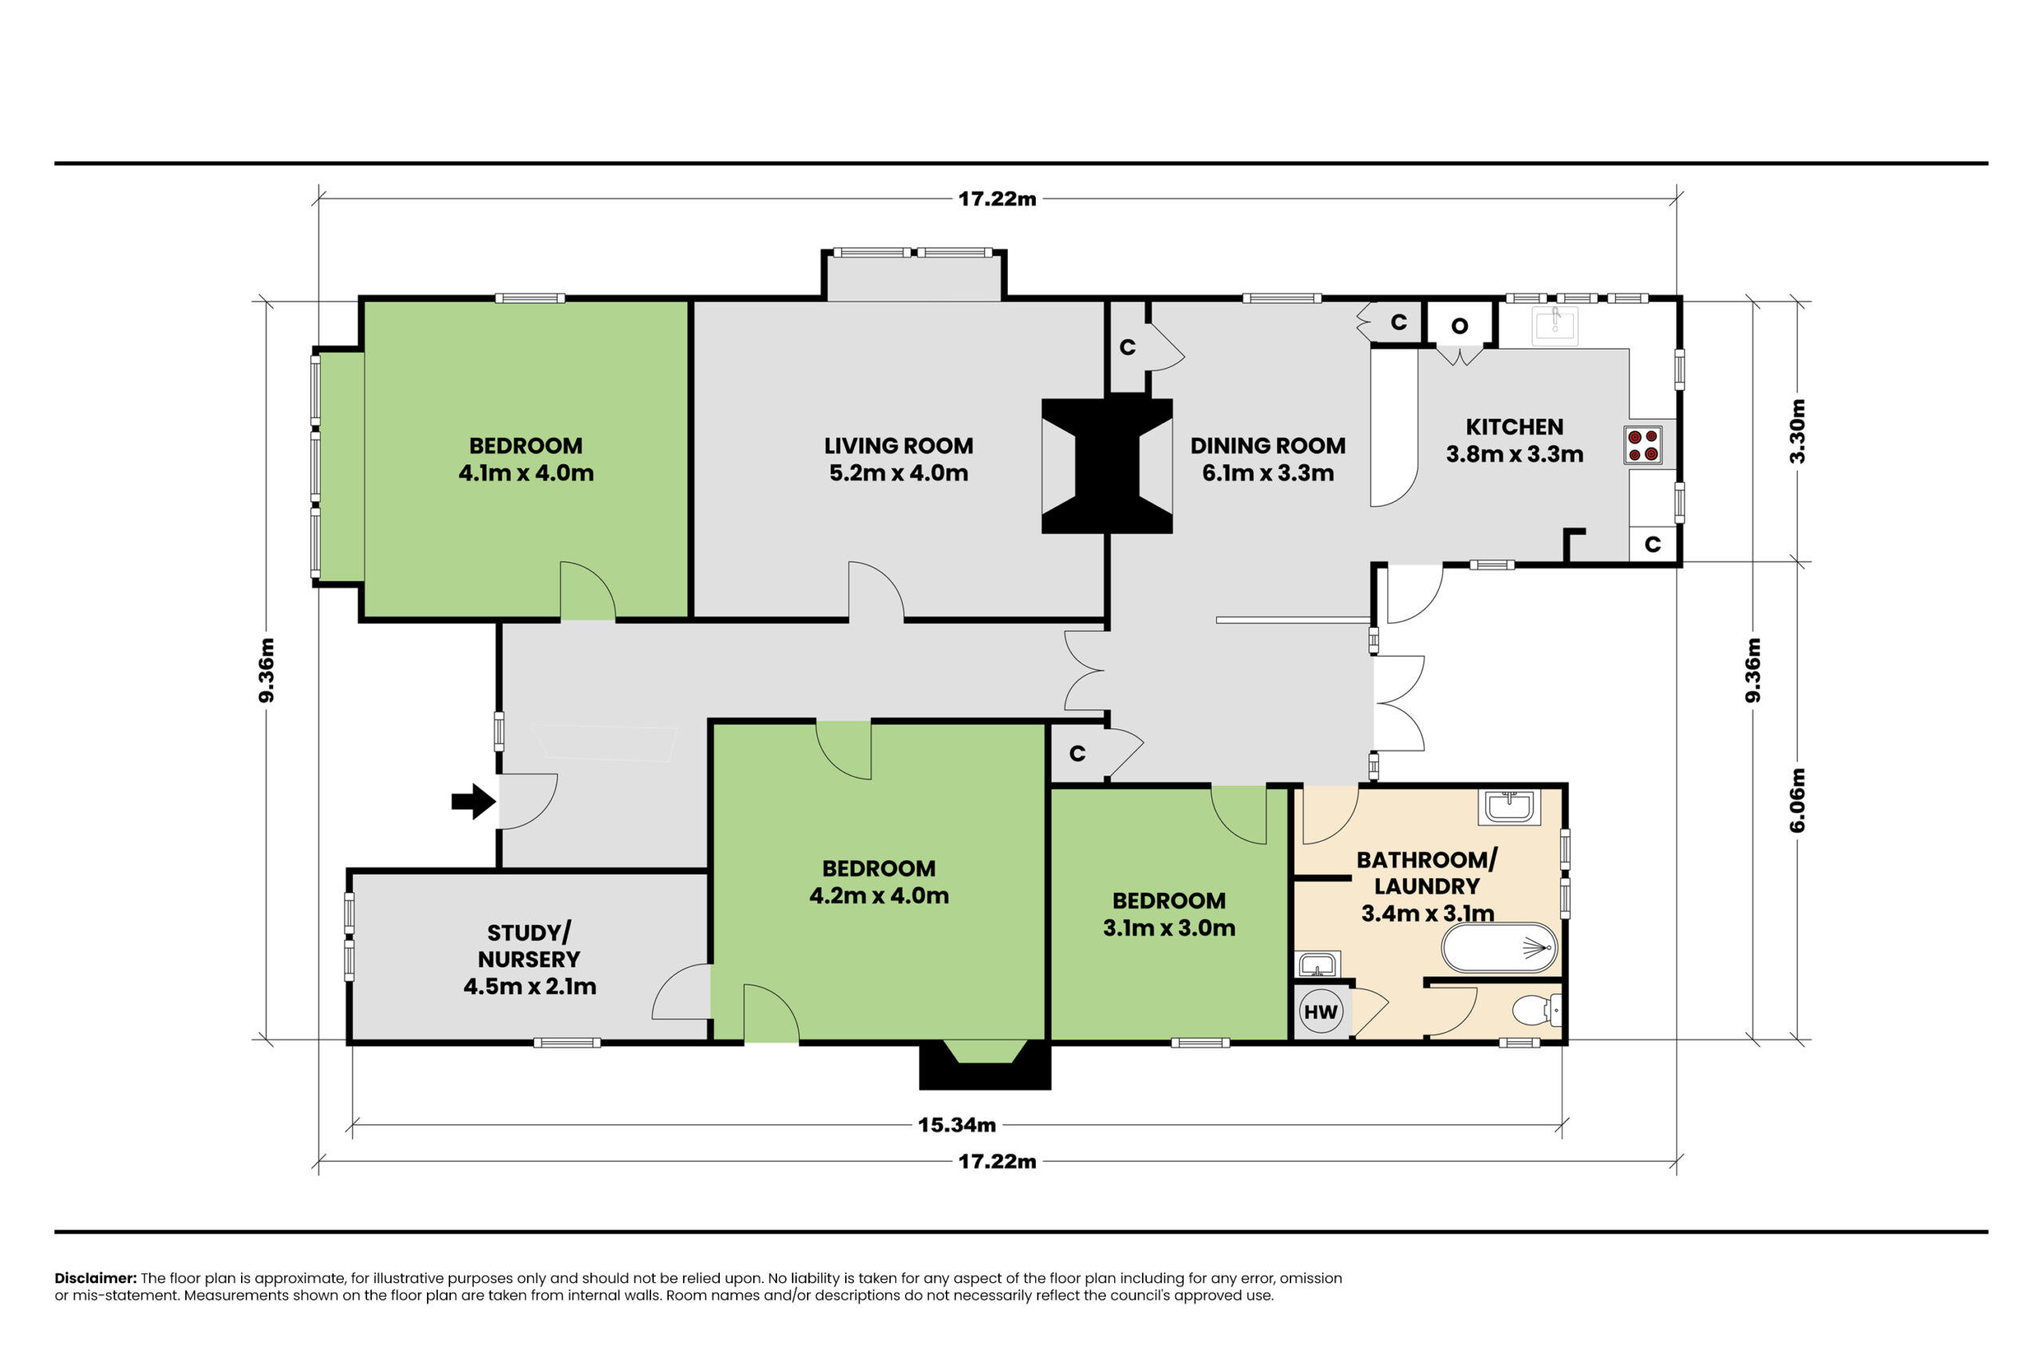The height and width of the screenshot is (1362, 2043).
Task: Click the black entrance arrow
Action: (473, 801)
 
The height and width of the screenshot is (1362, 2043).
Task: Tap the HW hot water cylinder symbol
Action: (1320, 1012)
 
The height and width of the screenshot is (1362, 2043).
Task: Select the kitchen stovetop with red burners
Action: (1642, 444)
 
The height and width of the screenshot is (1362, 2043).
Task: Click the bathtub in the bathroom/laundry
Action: (1500, 947)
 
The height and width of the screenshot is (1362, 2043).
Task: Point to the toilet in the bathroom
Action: (1536, 1010)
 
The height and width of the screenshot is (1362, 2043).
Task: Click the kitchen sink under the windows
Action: (1555, 325)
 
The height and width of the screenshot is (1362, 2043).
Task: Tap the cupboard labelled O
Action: (1460, 326)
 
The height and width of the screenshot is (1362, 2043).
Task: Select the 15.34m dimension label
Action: (956, 1125)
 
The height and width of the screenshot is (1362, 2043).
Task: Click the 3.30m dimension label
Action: (1797, 431)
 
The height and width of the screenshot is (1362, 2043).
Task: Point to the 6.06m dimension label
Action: (1797, 800)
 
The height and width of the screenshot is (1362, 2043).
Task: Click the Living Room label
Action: (898, 445)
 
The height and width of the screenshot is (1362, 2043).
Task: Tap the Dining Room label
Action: (1267, 445)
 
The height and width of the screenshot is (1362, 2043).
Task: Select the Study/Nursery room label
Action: (529, 946)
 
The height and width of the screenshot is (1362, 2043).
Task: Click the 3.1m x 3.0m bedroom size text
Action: (1169, 928)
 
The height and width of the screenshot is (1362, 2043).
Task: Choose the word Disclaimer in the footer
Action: (96, 1277)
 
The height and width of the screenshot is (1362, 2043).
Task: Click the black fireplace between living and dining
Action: (1107, 466)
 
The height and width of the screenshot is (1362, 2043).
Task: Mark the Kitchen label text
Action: (1514, 427)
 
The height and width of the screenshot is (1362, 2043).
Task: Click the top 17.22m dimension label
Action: (998, 199)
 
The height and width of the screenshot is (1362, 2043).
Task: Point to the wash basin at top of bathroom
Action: (1509, 807)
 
